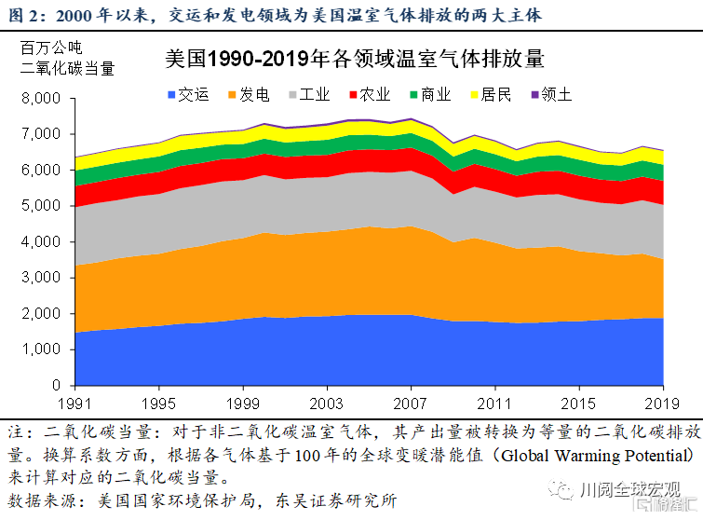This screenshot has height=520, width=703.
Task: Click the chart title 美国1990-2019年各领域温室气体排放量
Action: click(353, 60)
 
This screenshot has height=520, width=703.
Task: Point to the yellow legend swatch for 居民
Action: click(473, 94)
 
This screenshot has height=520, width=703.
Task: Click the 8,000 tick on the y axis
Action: click(40, 98)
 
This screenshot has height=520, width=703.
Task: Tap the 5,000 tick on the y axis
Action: click(40, 206)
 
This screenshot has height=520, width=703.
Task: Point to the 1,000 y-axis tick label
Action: click(40, 349)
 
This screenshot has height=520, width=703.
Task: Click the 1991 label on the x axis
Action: click(75, 404)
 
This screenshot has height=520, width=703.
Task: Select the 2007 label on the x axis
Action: click(410, 404)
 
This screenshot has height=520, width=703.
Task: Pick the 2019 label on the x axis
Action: click(662, 404)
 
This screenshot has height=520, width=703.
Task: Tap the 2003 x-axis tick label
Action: click(326, 404)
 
